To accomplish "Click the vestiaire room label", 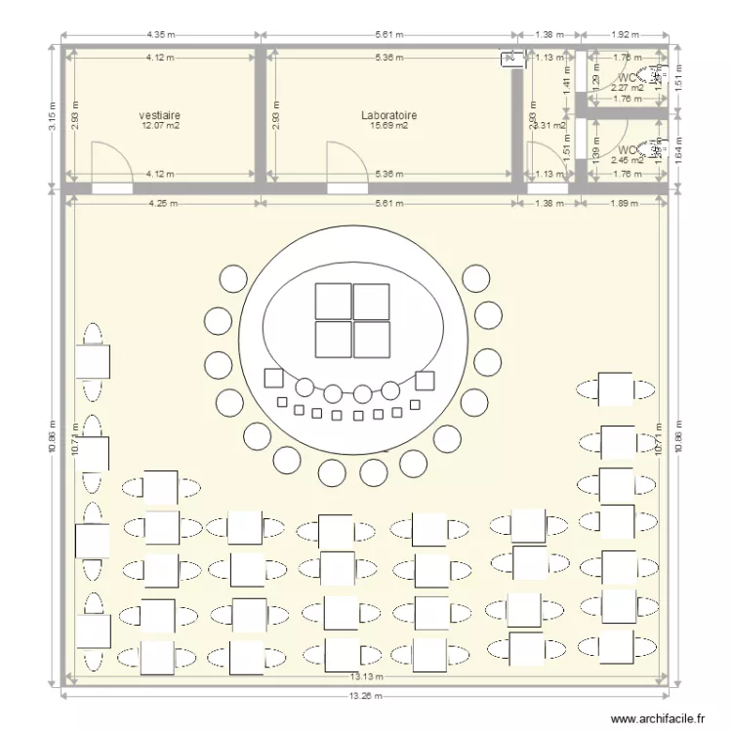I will (160, 114).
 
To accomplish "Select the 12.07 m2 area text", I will (160, 125).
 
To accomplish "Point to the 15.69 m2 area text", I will (389, 125).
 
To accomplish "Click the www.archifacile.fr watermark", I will (659, 719).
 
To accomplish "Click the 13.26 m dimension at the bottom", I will (366, 697).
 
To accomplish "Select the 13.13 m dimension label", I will (366, 675).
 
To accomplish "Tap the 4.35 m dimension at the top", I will (160, 34).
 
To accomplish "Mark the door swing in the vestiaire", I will (108, 161).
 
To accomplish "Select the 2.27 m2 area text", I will (626, 87).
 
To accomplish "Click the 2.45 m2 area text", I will (626, 161).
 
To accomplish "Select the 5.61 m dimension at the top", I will (388, 34).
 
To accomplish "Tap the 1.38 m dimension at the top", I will (550, 34).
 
